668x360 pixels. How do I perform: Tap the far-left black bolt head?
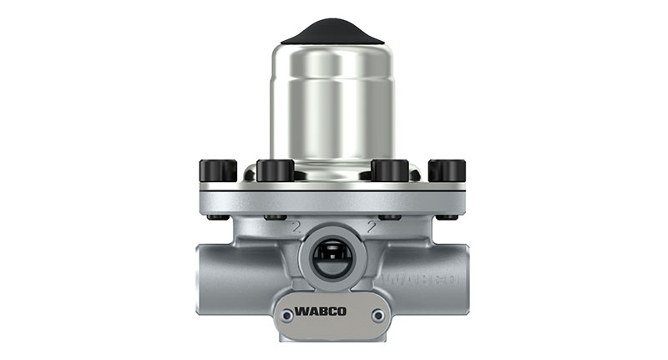(x=218, y=170)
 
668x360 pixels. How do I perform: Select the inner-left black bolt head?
(x=276, y=170)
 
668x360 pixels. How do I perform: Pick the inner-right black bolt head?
(x=389, y=170)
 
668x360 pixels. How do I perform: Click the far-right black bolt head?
(x=447, y=170)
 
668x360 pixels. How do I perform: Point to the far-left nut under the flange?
(x=219, y=217)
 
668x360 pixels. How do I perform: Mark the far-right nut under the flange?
(x=447, y=217)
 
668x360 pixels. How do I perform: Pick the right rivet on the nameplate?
(x=379, y=315)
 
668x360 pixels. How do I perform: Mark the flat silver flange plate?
(x=332, y=197)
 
